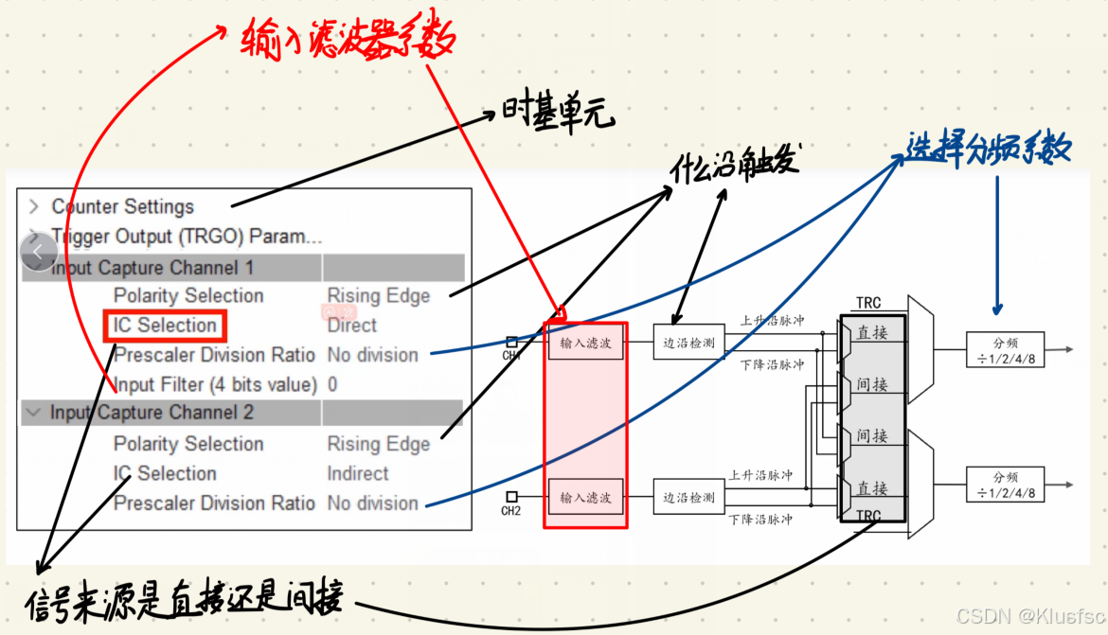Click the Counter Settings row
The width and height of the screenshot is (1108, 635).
[122, 206]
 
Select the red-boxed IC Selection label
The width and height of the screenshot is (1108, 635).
[166, 326]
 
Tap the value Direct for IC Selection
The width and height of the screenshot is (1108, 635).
[351, 326]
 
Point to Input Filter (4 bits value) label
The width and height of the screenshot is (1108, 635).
[215, 384]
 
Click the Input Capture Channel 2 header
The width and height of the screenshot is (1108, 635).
[152, 413]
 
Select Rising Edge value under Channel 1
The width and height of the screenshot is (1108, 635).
[379, 296]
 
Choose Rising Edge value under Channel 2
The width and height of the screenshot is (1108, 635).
[379, 444]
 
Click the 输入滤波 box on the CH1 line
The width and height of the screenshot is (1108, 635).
[585, 343]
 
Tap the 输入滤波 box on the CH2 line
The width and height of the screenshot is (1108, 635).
[585, 497]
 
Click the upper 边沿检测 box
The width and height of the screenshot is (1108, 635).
[688, 343]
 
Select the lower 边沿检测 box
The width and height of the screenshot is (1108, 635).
[688, 497]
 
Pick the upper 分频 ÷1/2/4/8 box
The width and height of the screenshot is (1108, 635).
[1005, 350]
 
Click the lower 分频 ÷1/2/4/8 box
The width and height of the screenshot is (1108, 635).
[1005, 485]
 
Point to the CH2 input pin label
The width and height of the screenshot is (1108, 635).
[511, 511]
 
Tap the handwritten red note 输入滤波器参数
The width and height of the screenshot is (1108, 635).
[347, 40]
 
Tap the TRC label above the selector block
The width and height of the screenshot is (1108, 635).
[867, 303]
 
